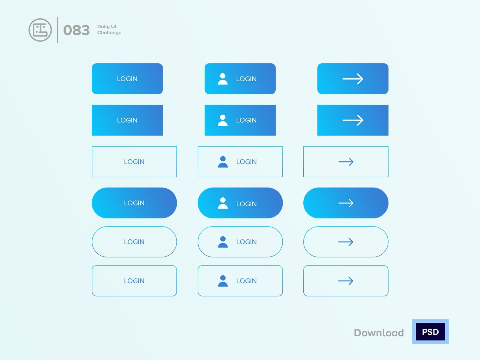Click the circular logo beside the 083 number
[40, 30]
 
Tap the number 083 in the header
[76, 30]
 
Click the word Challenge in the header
[109, 33]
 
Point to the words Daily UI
[107, 27]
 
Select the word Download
[379, 333]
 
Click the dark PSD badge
[430, 331]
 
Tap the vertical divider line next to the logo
[58, 30]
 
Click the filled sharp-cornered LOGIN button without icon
[127, 120]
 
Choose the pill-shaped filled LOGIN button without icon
[134, 203]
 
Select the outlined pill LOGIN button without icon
[134, 242]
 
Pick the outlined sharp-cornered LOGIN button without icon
[134, 161]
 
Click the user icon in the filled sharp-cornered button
[223, 120]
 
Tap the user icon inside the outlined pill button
[223, 242]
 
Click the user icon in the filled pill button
[223, 203]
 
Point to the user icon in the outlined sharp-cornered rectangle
[223, 162]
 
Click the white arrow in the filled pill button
[346, 203]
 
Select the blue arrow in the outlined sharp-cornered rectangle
[346, 162]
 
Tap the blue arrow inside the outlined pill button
[346, 242]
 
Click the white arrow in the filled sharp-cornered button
[353, 120]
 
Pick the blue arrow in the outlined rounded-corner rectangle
[346, 281]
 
